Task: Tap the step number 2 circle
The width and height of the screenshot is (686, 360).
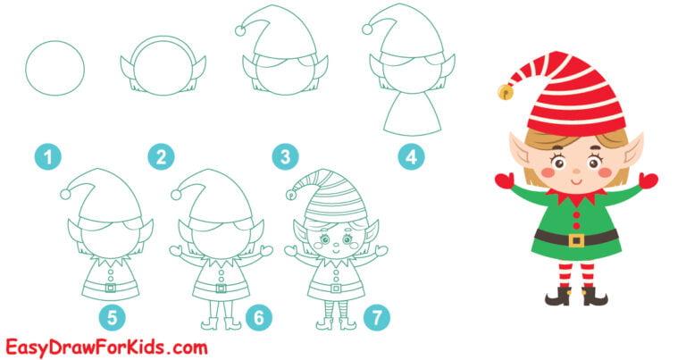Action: pos(161,158)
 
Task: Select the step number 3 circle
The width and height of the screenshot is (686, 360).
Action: pos(285,158)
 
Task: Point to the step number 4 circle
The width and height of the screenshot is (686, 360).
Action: pos(411,158)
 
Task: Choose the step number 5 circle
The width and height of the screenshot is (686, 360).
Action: pos(113,315)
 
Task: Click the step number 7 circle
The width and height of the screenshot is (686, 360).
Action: pos(378,315)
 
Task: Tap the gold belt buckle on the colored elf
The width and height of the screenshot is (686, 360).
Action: pos(576,239)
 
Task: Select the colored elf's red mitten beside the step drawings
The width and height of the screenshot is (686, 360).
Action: pos(506,181)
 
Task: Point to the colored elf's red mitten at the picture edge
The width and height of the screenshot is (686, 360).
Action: pos(648,180)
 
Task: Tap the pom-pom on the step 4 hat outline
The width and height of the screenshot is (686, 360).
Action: pos(366,29)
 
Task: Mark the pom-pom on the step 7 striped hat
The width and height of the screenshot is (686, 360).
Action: pos(290,194)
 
